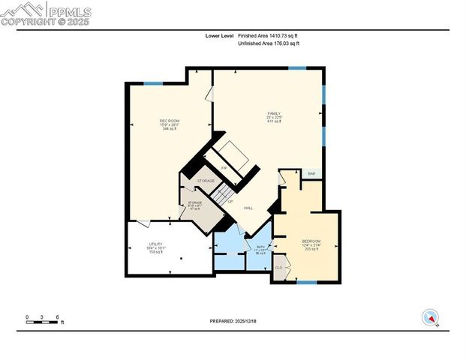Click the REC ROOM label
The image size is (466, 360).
click(169, 121)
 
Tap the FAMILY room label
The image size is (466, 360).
click(273, 113)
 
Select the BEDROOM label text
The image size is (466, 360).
click(311, 241)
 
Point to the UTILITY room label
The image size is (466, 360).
click(155, 244)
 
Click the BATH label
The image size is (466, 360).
click(260, 247)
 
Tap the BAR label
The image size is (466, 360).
click(311, 174)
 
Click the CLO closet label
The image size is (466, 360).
click(278, 268)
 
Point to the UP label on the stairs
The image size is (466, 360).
click(230, 201)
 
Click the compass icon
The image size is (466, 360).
click(431, 317)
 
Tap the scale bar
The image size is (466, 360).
click(43, 319)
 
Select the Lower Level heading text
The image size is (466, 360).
click(220, 35)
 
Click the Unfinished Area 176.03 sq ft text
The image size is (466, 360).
click(268, 44)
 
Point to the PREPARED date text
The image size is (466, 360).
click(232, 320)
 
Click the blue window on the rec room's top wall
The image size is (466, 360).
click(153, 83)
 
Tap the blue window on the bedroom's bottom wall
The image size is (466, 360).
click(305, 282)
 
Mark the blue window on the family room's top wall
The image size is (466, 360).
click(297, 68)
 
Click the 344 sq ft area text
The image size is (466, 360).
click(169, 129)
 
